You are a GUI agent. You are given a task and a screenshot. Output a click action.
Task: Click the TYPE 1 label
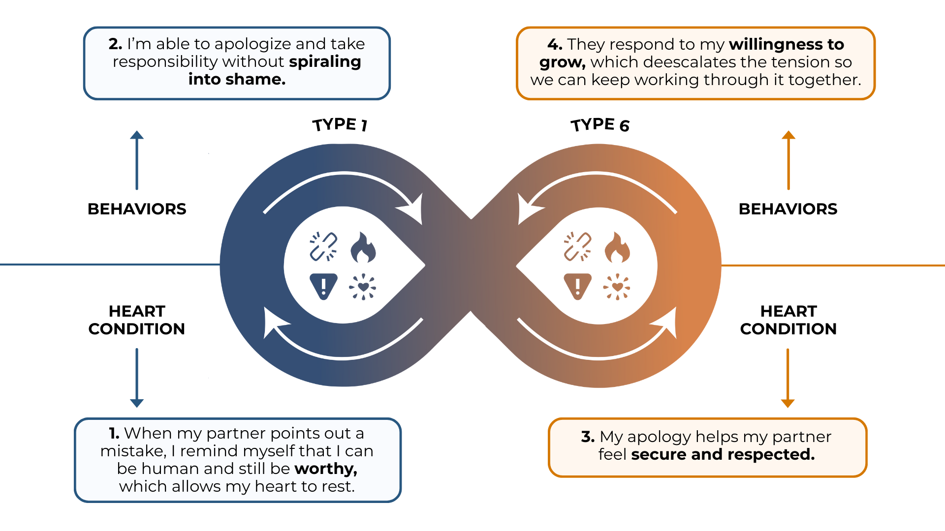(x=340, y=124)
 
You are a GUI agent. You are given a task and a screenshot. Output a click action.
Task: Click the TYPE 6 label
(x=600, y=125)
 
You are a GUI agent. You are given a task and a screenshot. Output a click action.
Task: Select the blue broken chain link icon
(x=323, y=246)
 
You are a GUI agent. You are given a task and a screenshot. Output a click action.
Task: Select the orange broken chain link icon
(x=577, y=246)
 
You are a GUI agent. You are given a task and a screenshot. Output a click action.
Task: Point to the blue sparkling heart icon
(x=363, y=287)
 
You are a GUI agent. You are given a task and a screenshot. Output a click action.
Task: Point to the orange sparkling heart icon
(x=617, y=287)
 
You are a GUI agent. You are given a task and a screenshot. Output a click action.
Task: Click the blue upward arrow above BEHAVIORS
(x=137, y=160)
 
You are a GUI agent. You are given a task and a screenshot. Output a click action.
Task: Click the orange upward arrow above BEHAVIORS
(x=788, y=160)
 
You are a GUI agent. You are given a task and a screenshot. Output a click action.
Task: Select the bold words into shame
(x=237, y=79)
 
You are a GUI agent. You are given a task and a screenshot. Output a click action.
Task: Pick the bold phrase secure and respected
(x=723, y=454)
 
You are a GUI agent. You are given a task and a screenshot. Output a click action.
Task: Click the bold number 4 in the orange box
(x=554, y=45)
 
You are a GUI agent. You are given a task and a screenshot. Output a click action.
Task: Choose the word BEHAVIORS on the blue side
(x=137, y=209)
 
